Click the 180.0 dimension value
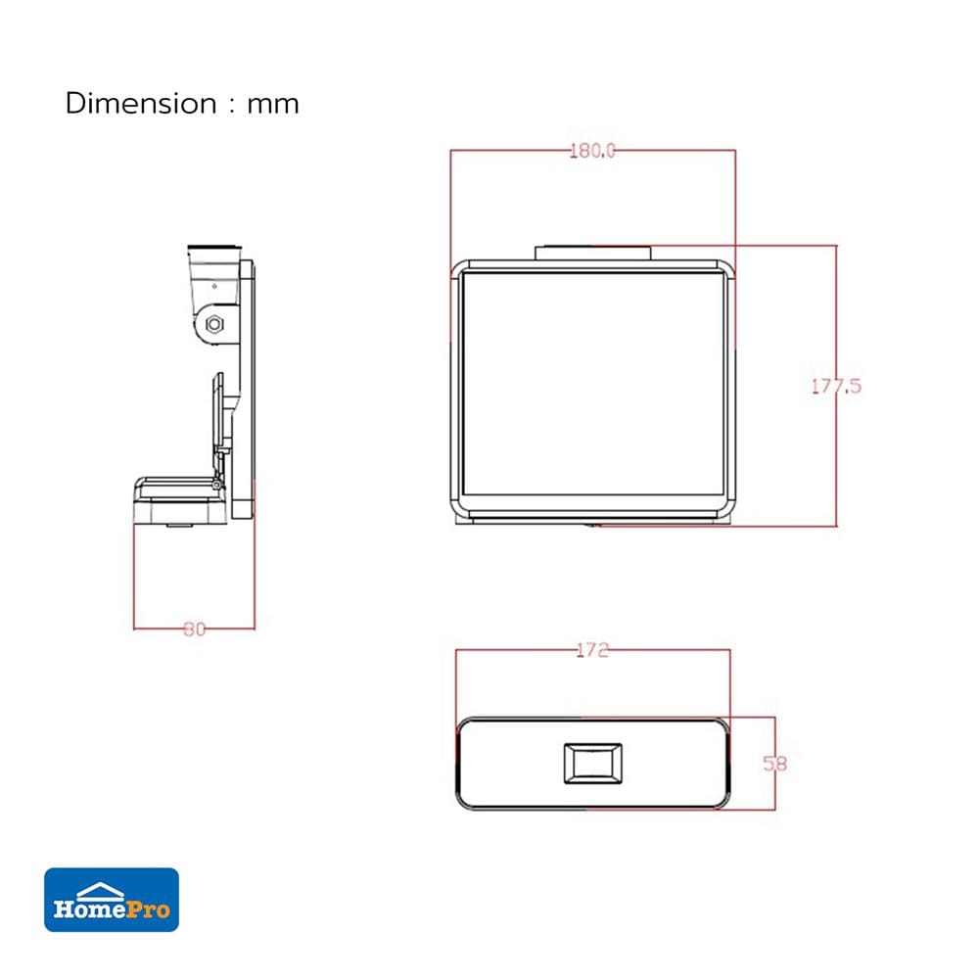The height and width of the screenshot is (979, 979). (x=592, y=151)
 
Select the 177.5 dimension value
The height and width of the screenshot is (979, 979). (x=836, y=387)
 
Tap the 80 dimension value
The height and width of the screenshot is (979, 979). (x=194, y=629)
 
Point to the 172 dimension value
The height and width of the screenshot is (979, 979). (x=592, y=651)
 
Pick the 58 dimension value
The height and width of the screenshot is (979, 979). (x=774, y=763)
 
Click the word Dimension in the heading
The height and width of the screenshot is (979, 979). (x=141, y=103)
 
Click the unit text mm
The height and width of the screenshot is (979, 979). (x=273, y=105)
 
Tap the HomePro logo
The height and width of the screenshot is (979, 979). (x=112, y=899)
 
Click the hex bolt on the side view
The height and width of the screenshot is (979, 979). (x=214, y=325)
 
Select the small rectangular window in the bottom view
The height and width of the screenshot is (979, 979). (x=592, y=763)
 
